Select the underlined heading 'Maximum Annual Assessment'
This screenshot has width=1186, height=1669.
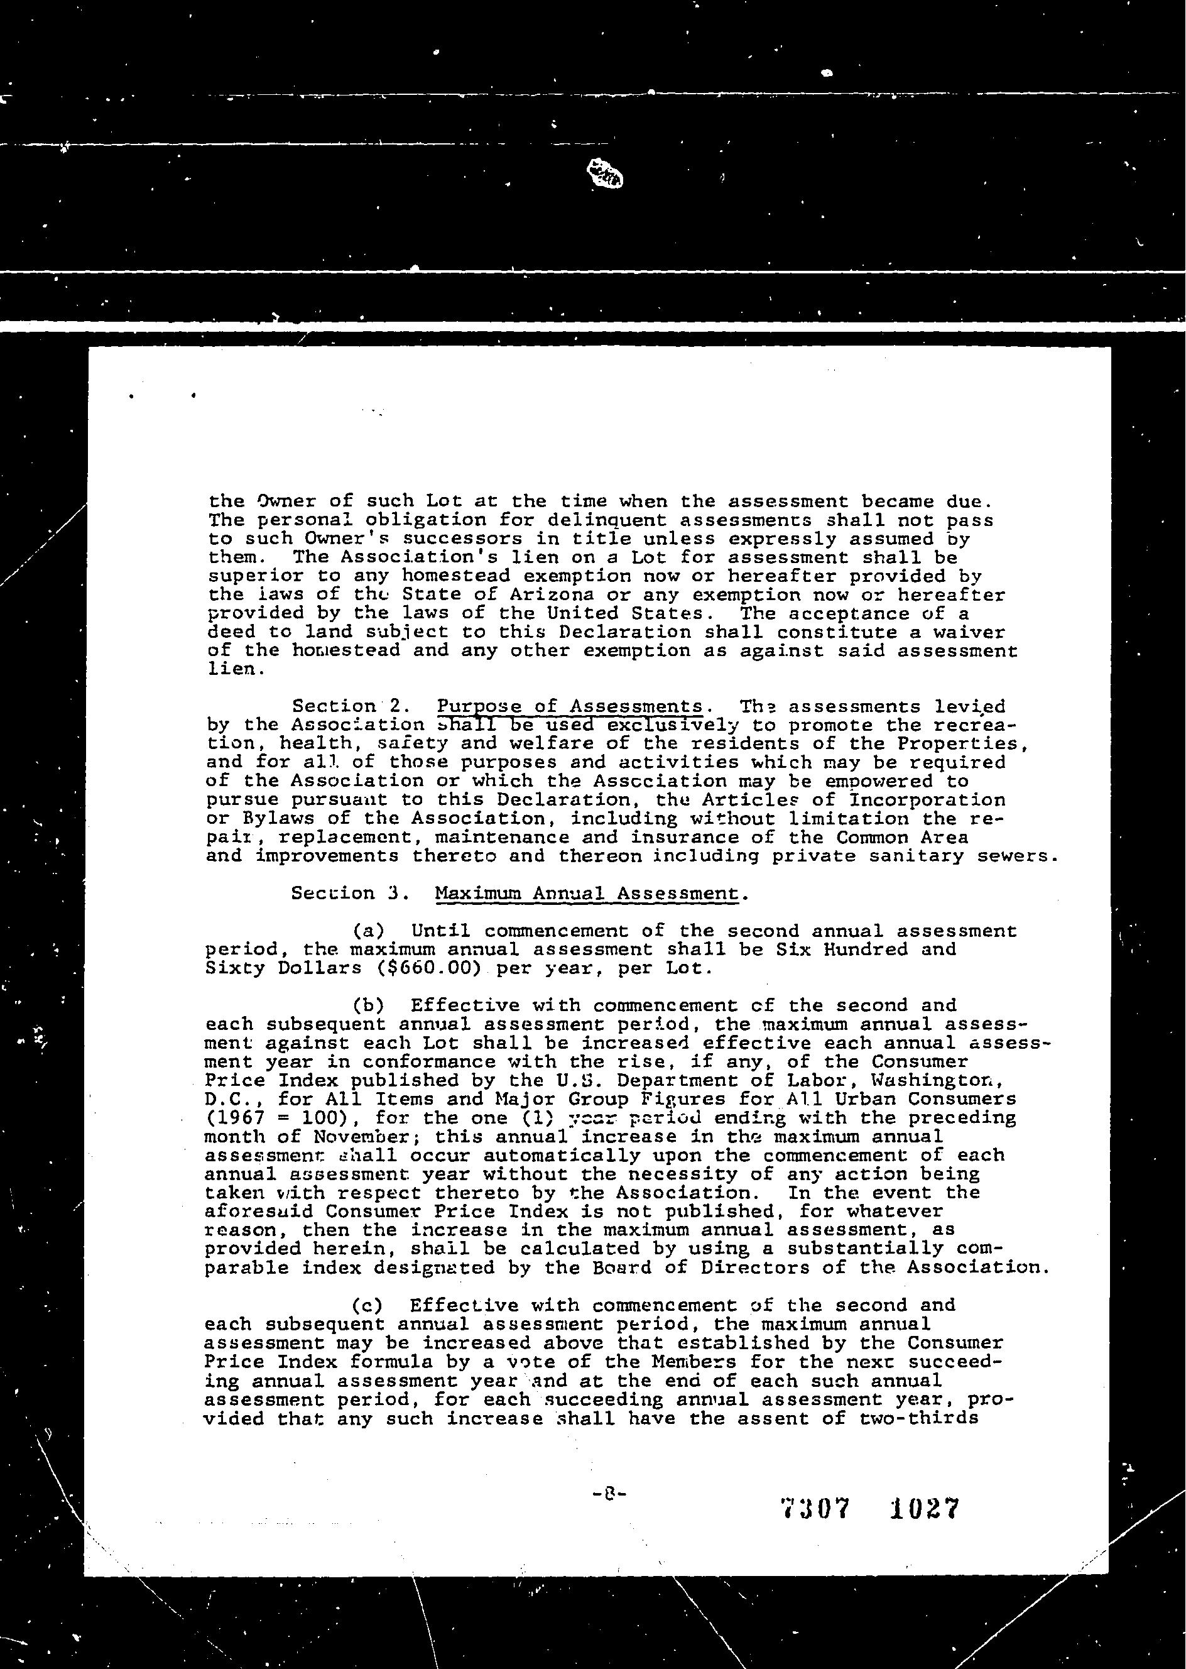585,894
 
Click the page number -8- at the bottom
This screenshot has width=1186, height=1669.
606,1493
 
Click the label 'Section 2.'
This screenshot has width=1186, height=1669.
345,706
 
